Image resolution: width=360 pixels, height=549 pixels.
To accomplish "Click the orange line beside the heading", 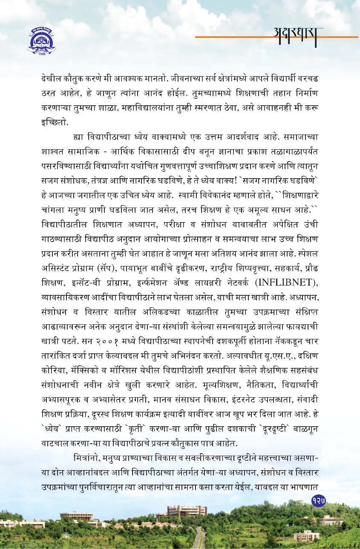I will coord(230,38).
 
